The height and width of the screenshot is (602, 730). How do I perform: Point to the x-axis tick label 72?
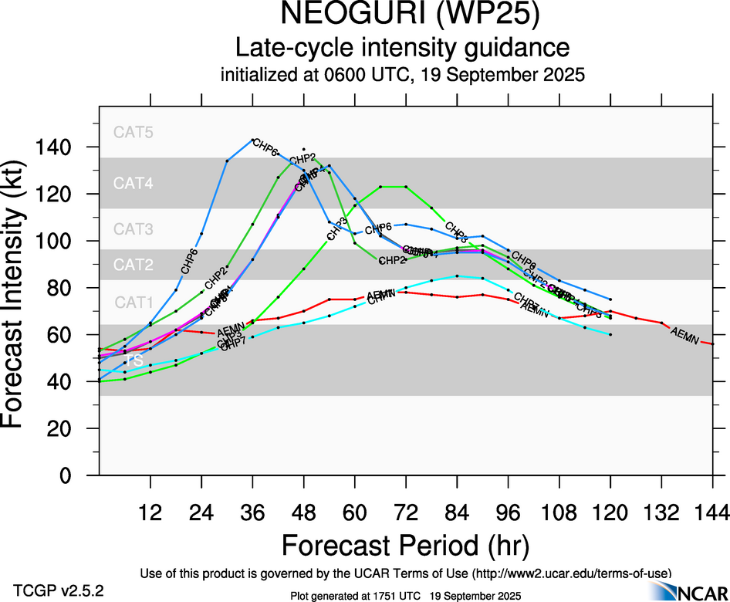click(406, 512)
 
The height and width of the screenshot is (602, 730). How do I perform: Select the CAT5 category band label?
click(133, 132)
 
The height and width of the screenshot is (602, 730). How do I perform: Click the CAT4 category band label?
click(133, 184)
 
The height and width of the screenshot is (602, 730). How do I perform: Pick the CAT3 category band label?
click(133, 229)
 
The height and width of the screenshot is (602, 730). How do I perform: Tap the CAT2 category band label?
click(133, 265)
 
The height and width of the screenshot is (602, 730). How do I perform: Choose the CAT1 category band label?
click(133, 303)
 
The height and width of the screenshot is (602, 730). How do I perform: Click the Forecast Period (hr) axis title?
click(405, 545)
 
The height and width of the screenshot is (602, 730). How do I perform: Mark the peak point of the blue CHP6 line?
click(252, 140)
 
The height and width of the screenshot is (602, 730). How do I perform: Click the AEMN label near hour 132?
click(686, 335)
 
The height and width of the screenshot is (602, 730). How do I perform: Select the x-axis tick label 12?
click(150, 512)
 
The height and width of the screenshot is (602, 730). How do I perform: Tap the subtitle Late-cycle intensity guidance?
click(403, 48)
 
